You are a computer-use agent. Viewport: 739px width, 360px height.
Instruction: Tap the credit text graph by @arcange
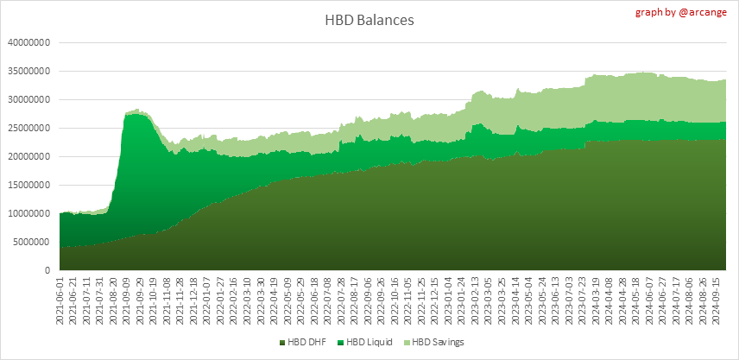[x=683, y=12]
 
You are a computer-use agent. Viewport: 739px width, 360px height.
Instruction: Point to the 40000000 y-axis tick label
[x=29, y=42]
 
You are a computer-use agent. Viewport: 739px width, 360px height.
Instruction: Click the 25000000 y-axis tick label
[x=29, y=128]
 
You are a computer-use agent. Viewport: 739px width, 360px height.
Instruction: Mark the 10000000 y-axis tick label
[x=29, y=213]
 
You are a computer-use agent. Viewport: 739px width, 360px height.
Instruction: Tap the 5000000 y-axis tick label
[x=32, y=242]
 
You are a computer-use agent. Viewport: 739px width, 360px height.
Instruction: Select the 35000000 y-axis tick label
[x=29, y=71]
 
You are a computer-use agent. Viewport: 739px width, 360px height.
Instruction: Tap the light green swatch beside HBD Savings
[x=407, y=343]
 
